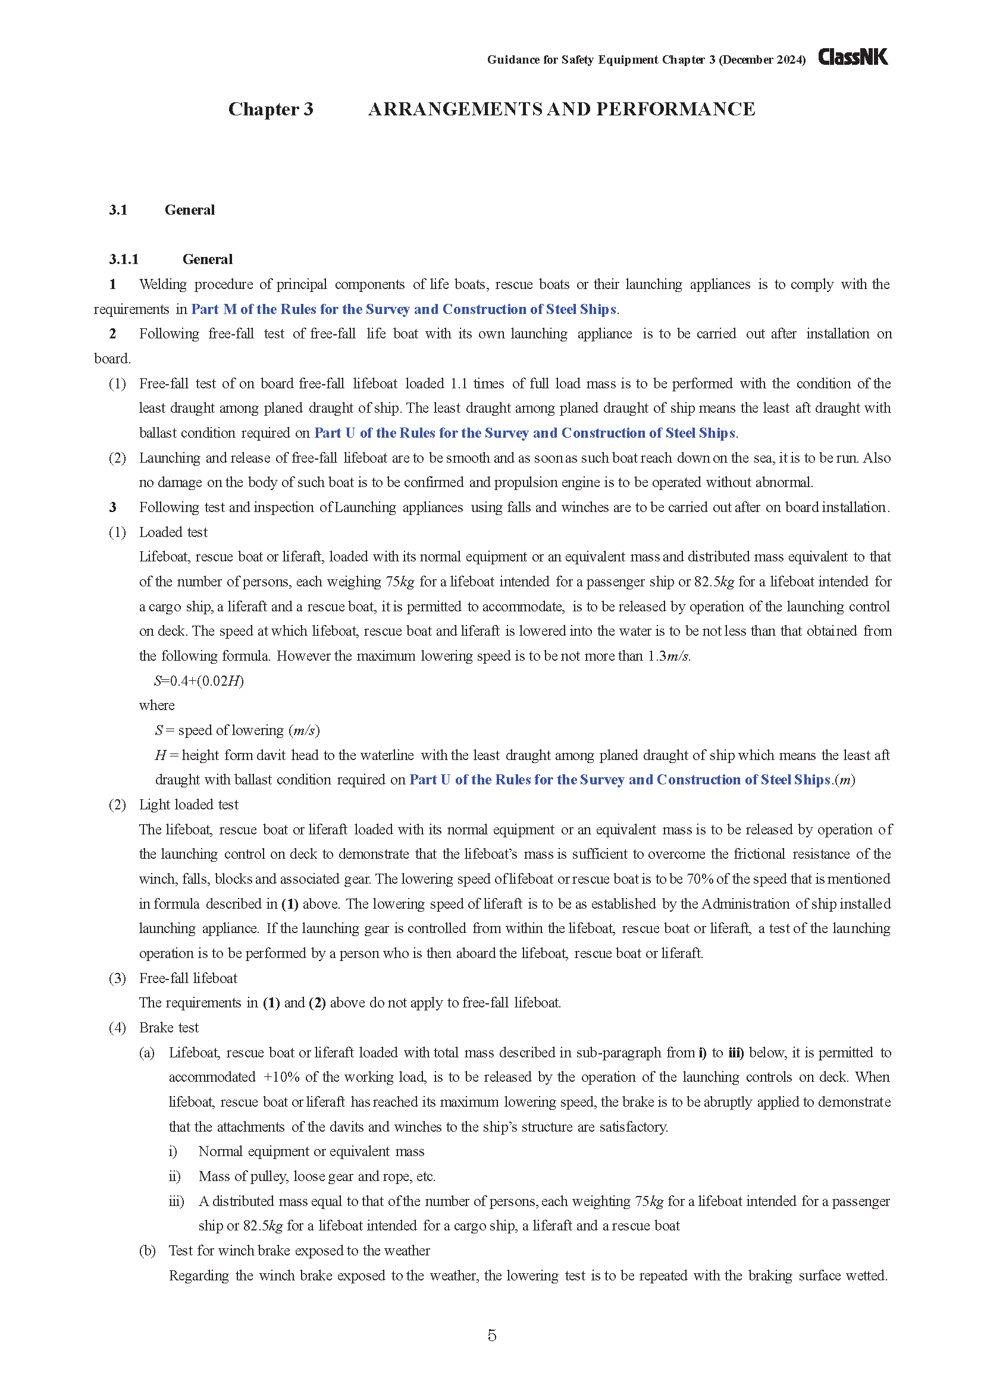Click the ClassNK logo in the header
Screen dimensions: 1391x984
(x=853, y=57)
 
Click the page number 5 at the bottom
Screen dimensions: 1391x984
(x=491, y=1335)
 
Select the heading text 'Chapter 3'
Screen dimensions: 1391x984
(x=270, y=109)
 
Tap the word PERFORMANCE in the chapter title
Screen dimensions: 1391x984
(x=676, y=109)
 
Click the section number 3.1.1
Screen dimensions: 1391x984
(x=124, y=259)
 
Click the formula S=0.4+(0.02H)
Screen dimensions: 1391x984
(x=199, y=681)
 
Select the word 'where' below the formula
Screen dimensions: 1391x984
(x=156, y=705)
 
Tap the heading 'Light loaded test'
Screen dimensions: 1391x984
(x=189, y=805)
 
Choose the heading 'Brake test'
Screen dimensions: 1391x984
(x=168, y=1028)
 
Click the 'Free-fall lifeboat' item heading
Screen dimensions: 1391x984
(x=188, y=978)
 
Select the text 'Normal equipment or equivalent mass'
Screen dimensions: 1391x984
(x=311, y=1151)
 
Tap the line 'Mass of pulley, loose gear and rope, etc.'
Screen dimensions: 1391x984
(x=316, y=1176)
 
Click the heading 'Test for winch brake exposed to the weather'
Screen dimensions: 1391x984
(x=299, y=1251)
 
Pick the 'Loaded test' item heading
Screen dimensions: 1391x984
(x=173, y=532)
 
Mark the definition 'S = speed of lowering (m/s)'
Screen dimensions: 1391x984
(x=237, y=730)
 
